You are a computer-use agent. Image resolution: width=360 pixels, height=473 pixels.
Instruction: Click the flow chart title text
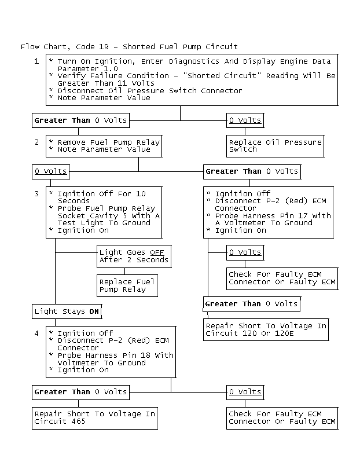(129, 46)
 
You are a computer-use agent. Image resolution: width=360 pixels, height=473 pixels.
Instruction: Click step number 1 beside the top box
(36, 61)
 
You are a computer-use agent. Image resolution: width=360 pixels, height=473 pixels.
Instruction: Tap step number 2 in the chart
(36, 142)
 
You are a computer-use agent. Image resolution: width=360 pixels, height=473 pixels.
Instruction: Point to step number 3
(36, 193)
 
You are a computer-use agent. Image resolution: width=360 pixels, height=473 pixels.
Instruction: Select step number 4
(36, 333)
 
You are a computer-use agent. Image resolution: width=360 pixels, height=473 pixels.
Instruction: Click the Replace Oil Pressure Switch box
(274, 145)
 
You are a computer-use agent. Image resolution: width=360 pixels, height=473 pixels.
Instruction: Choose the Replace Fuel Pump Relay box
(127, 285)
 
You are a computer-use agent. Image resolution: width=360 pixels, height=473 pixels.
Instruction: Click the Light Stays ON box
(67, 311)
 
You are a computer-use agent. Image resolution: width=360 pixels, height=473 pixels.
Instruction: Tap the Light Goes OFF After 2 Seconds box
(134, 256)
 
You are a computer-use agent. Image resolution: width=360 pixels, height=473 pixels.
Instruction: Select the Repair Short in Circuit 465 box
(94, 417)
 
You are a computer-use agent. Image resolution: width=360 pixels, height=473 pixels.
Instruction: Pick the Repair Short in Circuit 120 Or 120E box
(266, 329)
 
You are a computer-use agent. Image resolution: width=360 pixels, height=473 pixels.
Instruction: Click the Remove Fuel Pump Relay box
(104, 145)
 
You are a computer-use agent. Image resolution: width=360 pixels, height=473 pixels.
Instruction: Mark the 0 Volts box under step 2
(51, 171)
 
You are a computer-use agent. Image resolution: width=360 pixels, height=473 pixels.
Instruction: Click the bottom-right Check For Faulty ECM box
(282, 417)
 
